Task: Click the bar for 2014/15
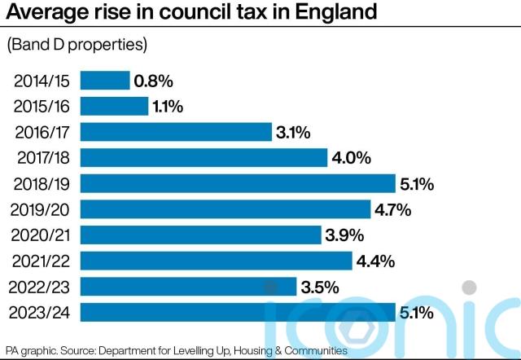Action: click(x=104, y=81)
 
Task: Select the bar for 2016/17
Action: click(x=175, y=132)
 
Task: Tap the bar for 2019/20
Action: click(x=225, y=209)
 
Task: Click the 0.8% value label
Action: click(x=154, y=81)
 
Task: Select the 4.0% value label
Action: click(x=352, y=158)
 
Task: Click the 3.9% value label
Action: click(x=345, y=235)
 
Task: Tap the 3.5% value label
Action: click(x=320, y=287)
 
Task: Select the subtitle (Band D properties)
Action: click(x=77, y=45)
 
